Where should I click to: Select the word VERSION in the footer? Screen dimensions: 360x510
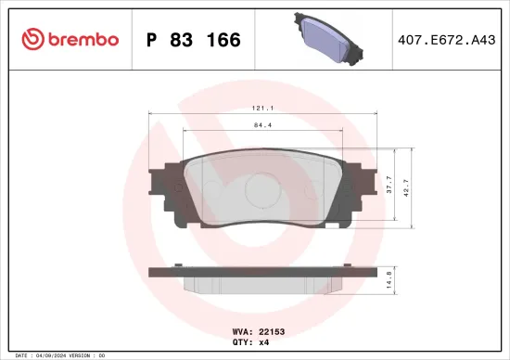82,355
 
